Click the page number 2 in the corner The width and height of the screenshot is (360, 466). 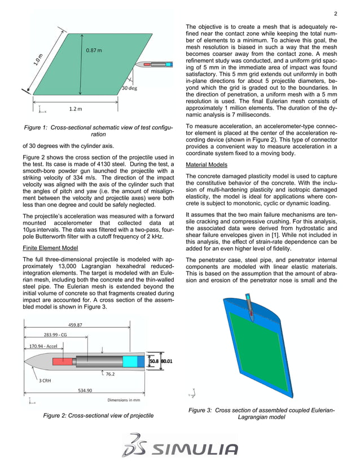coord(335,14)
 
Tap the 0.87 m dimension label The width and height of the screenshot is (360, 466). coord(94,51)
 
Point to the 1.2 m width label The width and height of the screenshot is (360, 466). coord(76,108)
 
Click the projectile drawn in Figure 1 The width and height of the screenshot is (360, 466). coord(157,65)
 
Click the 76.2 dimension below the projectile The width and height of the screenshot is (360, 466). coord(111,373)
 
